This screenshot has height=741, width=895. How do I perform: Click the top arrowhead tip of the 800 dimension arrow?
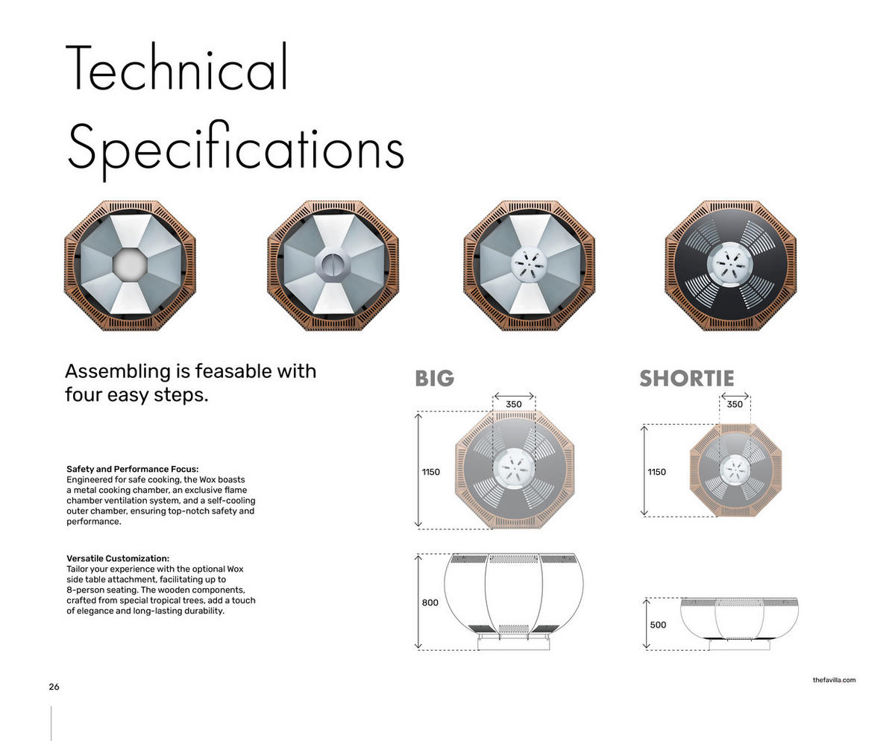coord(418,555)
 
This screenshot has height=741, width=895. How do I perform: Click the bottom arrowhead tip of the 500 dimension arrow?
coord(647,648)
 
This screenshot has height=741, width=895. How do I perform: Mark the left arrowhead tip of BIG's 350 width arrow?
coord(494,396)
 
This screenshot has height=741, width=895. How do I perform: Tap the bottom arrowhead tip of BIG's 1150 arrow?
coord(418,526)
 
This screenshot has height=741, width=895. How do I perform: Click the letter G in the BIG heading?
coord(446,379)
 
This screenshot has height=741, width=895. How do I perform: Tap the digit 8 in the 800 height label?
coord(424,602)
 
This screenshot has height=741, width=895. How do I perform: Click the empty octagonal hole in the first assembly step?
coord(130,265)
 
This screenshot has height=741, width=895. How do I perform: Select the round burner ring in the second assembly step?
coord(332,265)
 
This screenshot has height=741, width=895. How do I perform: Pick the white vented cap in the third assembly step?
coord(529,265)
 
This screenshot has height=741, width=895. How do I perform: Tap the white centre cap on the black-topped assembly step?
coord(730,264)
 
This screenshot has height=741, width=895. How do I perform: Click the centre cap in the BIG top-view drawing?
coord(514,468)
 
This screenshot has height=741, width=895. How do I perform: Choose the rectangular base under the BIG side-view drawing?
coord(514,643)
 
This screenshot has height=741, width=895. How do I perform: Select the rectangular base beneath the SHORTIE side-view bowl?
coord(739,644)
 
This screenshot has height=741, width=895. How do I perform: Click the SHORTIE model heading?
coord(687,379)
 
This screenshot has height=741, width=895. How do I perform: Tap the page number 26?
coord(54,687)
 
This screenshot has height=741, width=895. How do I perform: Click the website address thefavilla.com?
coord(834,680)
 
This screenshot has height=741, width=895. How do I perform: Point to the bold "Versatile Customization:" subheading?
coord(118,558)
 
